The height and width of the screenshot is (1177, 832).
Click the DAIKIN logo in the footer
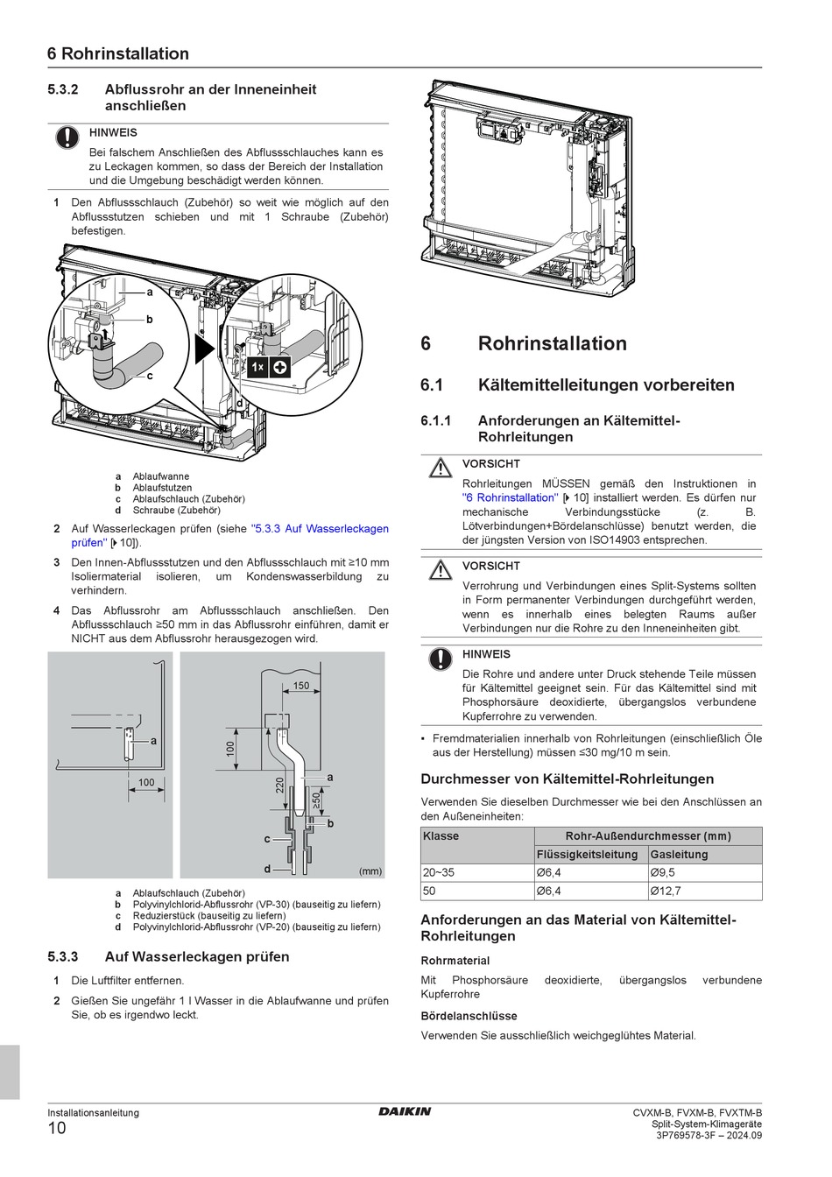point(405,1111)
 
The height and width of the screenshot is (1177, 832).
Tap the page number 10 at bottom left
point(57,1128)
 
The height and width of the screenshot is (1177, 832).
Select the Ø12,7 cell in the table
point(666,891)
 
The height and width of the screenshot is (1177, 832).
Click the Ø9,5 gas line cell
point(662,872)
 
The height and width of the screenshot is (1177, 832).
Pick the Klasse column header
point(441,836)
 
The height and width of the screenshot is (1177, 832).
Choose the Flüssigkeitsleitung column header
point(587,854)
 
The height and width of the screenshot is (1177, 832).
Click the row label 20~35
point(439,872)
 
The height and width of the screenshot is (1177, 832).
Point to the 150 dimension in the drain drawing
point(301,686)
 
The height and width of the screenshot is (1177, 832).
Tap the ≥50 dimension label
point(317,800)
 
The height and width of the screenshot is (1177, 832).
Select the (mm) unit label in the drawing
point(370,870)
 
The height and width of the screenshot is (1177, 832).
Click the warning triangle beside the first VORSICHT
point(440,469)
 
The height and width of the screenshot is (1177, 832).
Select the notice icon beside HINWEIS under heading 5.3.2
point(67,137)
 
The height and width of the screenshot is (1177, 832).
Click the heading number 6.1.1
point(436,420)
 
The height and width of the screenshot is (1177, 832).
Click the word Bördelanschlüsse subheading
point(469,1016)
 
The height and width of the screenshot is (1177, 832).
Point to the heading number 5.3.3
point(63,956)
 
